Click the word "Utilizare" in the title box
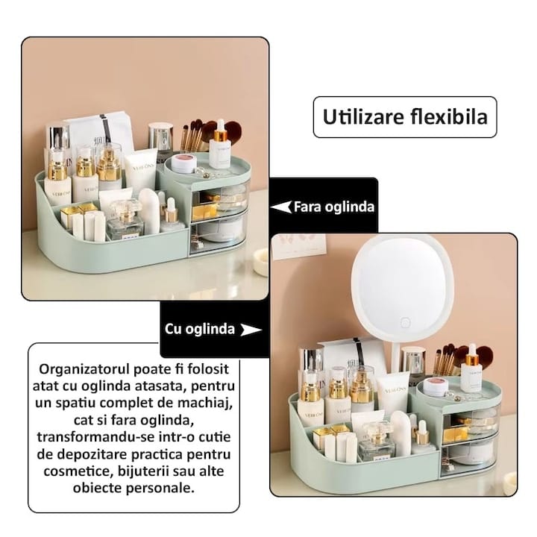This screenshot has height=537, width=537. pyautogui.click(x=363, y=117)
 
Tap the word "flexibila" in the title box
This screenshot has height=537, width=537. pyautogui.click(x=449, y=116)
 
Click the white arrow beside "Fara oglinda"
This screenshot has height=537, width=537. pyautogui.click(x=281, y=207)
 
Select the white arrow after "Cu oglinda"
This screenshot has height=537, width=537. pyautogui.click(x=251, y=330)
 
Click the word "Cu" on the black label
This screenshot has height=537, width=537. pyautogui.click(x=172, y=329)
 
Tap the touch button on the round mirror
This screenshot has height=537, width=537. pyautogui.click(x=405, y=322)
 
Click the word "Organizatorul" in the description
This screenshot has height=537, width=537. pyautogui.click(x=84, y=369)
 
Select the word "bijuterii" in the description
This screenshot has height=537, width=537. pyautogui.click(x=143, y=471)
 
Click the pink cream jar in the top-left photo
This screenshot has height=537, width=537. pyautogui.click(x=183, y=163)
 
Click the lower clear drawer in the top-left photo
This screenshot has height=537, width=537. pyautogui.click(x=217, y=232)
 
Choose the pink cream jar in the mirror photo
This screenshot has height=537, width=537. pyautogui.click(x=436, y=387)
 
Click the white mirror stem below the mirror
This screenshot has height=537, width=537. pyautogui.click(x=395, y=357)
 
